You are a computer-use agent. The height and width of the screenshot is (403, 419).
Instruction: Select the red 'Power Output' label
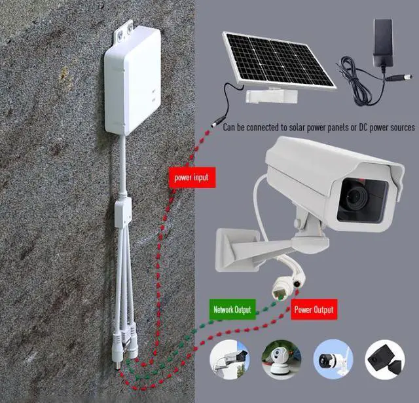click(314, 309)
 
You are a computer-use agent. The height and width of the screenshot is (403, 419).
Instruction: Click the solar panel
click(279, 59)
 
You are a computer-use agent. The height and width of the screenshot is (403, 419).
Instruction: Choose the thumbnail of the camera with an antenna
click(333, 359)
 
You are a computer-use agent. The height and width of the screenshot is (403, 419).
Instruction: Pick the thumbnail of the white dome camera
click(282, 359)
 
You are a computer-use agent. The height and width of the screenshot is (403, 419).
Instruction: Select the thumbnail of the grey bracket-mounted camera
click(230, 359)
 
